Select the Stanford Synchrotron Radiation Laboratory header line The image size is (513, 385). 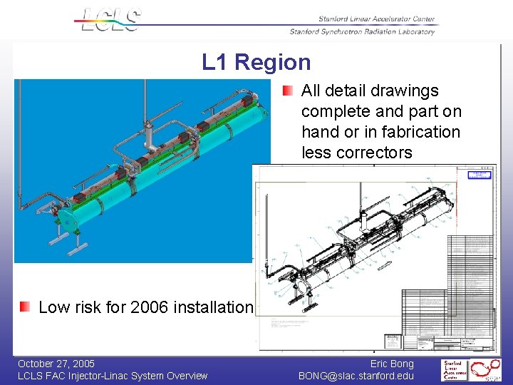362,31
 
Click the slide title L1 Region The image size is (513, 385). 256,62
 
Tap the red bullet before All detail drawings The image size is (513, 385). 286,91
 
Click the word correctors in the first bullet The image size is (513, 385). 377,153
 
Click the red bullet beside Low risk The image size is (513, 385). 25,307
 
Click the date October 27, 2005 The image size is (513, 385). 56,364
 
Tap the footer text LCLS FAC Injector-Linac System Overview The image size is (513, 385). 113,376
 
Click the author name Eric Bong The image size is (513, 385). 392,364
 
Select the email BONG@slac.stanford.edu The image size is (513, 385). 356,376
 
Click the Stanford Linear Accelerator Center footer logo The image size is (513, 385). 453,370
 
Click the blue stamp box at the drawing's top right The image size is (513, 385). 479,175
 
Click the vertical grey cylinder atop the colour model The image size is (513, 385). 150,134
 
